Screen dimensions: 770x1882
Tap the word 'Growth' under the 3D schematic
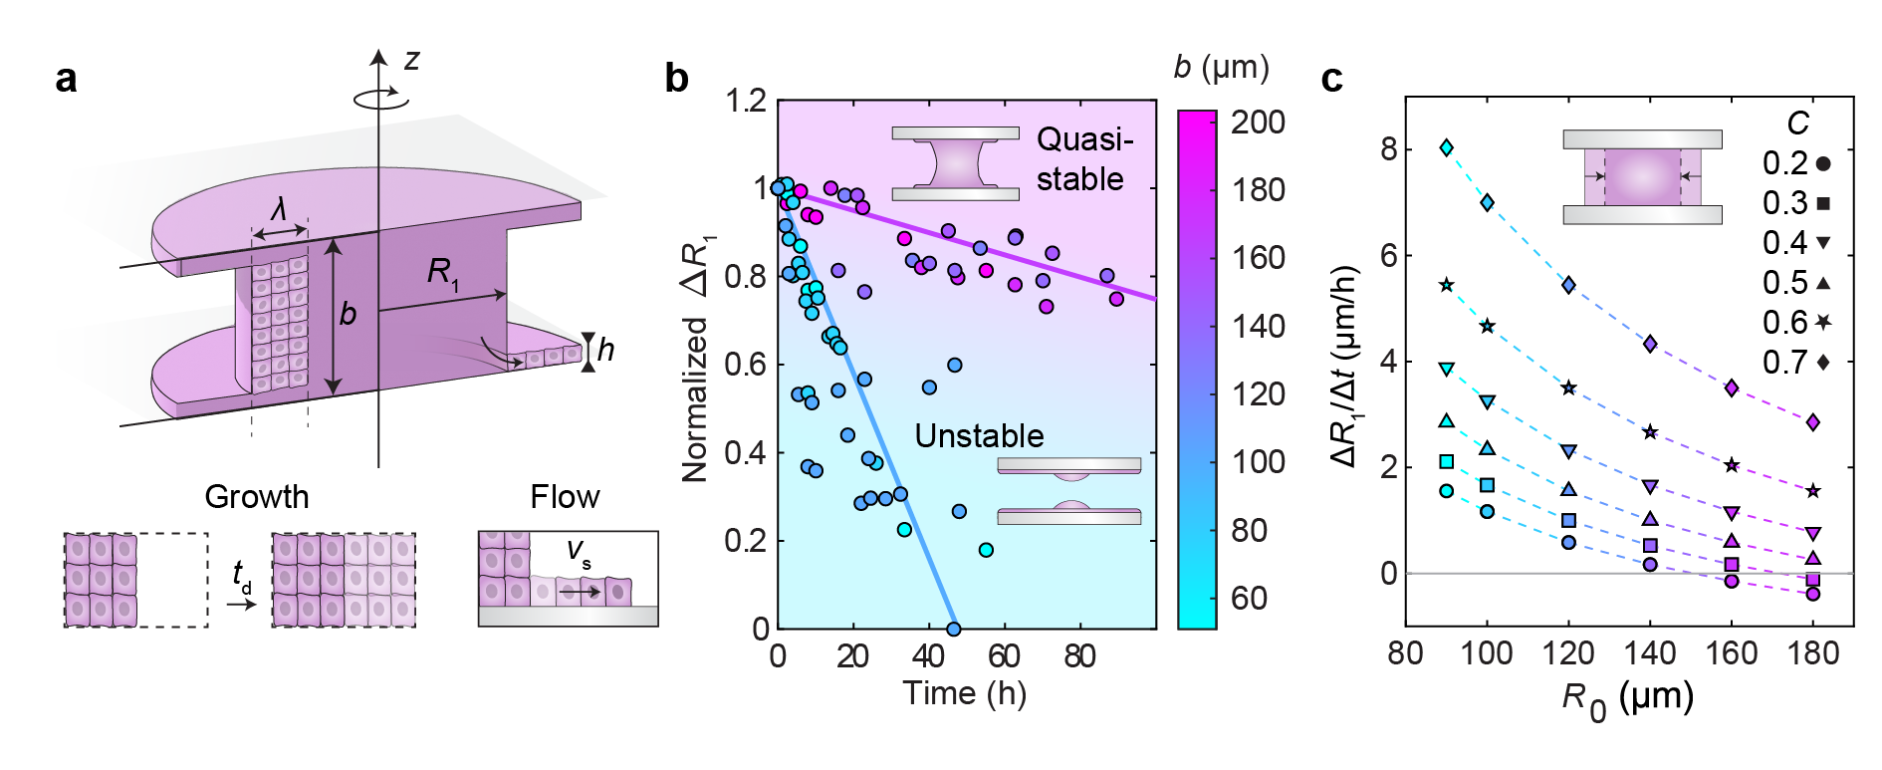tap(257, 496)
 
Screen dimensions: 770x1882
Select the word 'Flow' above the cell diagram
tap(565, 496)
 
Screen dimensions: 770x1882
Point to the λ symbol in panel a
tap(280, 209)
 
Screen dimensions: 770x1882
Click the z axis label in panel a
tap(411, 61)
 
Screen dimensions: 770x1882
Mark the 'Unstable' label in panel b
tap(979, 436)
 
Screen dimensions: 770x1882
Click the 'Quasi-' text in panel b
tap(1084, 139)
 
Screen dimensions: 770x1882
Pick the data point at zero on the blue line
tap(953, 629)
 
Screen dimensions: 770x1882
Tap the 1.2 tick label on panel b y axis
tap(746, 101)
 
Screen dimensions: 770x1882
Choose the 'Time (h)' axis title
tap(964, 693)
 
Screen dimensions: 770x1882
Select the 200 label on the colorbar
tap(1258, 123)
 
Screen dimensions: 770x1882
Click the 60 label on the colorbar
tap(1249, 598)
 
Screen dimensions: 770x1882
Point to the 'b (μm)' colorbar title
tap(1221, 68)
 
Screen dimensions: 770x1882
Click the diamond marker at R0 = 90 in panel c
tap(1446, 148)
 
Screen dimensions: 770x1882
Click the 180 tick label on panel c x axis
tap(1812, 653)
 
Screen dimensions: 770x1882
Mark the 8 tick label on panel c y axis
tap(1388, 149)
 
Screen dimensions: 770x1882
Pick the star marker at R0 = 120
tap(1568, 387)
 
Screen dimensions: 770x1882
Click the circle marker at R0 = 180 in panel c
tap(1812, 594)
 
